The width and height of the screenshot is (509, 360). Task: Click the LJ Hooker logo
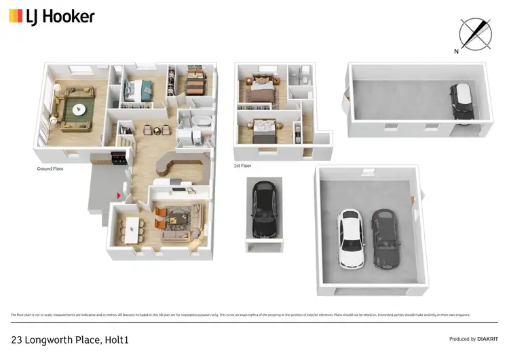click(52, 16)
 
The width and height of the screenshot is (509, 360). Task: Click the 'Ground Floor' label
click(50, 168)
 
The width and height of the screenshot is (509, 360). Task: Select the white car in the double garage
click(350, 238)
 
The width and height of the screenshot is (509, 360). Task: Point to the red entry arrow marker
click(120, 196)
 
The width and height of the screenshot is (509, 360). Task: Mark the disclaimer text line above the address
click(240, 314)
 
